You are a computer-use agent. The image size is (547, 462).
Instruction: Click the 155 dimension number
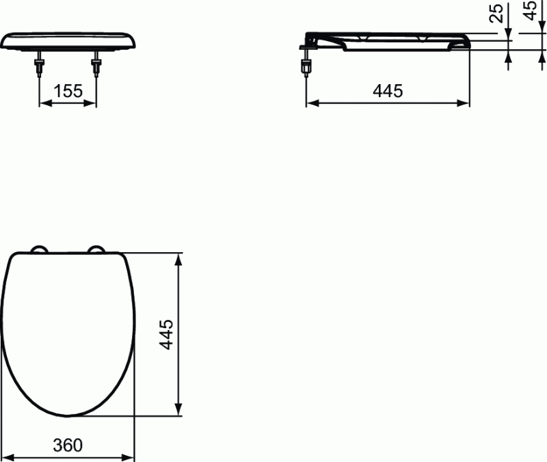coord(68,91)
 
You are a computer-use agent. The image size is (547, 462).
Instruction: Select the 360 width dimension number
coord(68,445)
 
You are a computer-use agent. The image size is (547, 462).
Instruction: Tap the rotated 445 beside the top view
coord(166,334)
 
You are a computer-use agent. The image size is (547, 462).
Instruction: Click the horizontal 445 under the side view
coord(388,91)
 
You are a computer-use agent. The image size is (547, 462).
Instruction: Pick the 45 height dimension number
coord(529,12)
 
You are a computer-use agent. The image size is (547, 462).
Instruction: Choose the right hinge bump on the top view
coord(96,249)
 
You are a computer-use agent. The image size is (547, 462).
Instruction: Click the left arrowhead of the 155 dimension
coord(42,103)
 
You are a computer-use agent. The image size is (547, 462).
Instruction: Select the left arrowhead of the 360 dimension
coord(14,457)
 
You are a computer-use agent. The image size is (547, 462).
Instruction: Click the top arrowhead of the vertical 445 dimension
coord(180,258)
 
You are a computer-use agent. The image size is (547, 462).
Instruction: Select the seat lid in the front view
coord(68,40)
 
